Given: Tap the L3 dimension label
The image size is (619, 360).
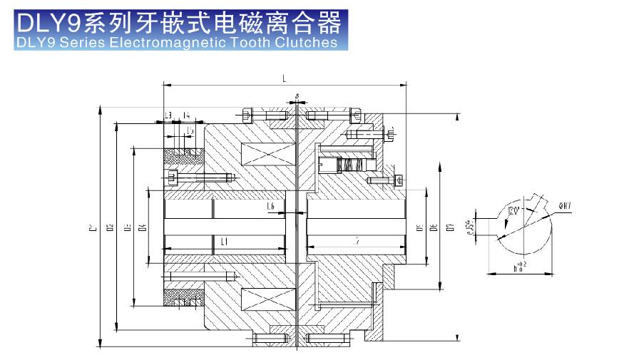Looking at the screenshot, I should coord(168,115).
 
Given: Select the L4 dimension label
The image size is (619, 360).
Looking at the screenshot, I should coord(185,115).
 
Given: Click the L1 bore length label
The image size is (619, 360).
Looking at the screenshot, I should coord(224,242).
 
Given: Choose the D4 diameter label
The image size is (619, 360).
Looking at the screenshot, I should coord(143,228).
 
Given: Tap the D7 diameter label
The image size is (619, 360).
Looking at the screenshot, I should coord(450,228).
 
